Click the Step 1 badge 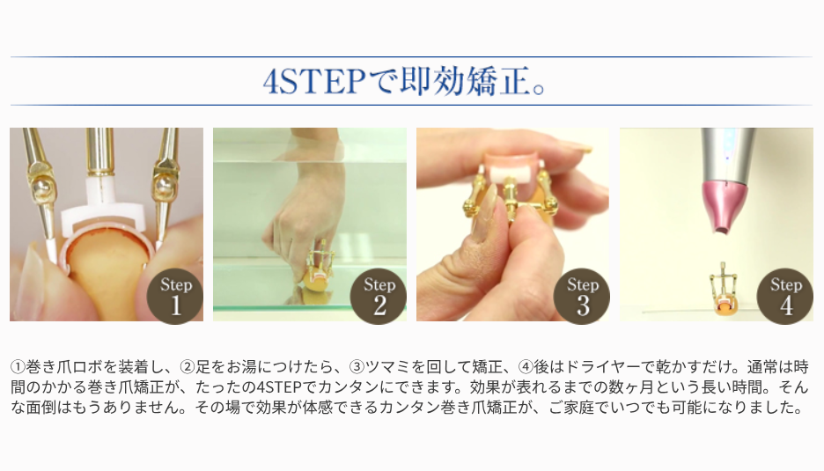point(175,296)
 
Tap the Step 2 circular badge point(379,296)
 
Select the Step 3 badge point(582,296)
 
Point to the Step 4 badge point(785,296)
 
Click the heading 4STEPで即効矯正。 point(405,82)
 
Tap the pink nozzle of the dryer point(725,206)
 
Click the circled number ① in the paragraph point(18,366)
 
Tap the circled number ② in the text point(188,366)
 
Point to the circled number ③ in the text point(357,366)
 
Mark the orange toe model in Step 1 point(105,273)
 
